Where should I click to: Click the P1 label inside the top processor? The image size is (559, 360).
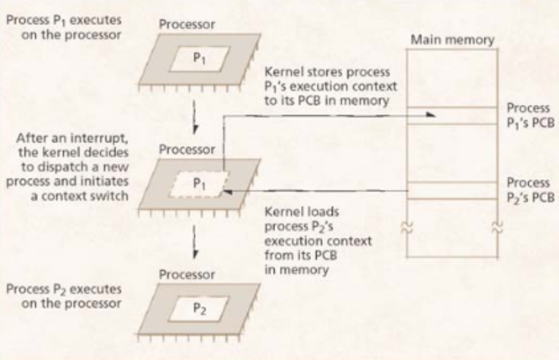[x=196, y=61]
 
